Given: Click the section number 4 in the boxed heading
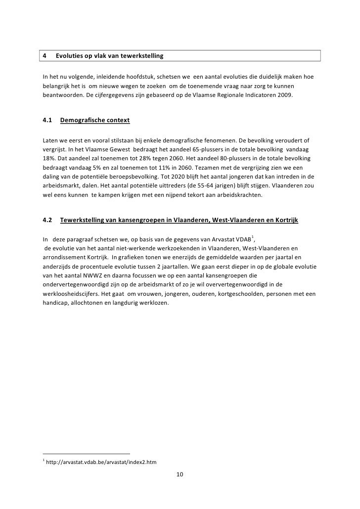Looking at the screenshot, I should tap(45, 55).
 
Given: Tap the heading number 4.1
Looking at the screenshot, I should tap(48, 120).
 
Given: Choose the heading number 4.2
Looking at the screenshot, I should tap(48, 219).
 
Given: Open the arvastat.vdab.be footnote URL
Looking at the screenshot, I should tap(101, 462).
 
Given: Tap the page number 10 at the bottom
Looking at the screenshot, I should tap(180, 475).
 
